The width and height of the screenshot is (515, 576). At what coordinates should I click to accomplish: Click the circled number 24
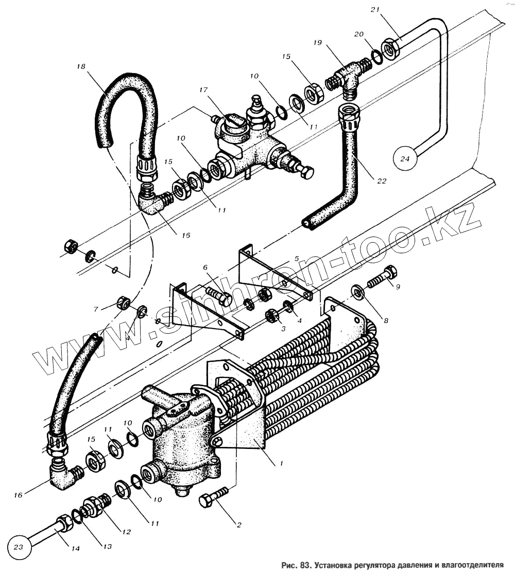pos(405,158)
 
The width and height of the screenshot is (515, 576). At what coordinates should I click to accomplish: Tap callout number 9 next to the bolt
pos(398,286)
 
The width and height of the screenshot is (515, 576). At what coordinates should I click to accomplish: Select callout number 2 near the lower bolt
pos(238,525)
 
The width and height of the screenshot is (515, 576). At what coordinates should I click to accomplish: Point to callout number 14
pos(75,549)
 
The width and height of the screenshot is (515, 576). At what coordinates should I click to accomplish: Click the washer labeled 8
pos(358,292)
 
